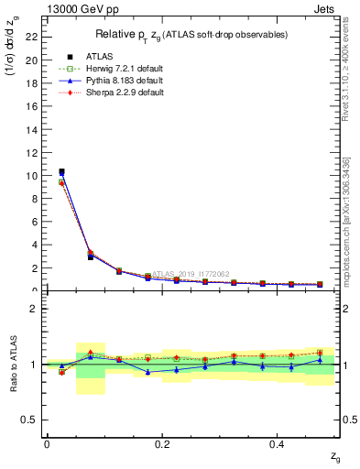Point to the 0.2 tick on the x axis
point(162,444)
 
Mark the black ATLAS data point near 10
point(61,171)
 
